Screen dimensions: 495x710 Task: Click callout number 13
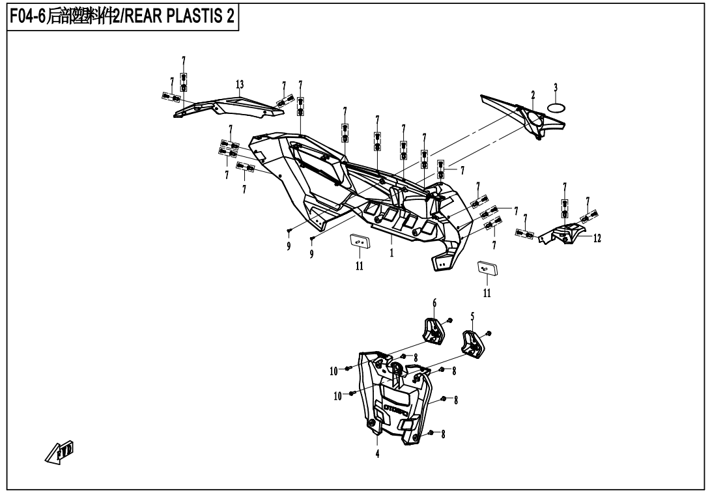click(240, 85)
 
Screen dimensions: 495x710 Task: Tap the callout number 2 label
click(533, 95)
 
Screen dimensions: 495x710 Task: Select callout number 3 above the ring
click(556, 87)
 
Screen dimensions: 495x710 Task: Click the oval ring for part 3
click(556, 106)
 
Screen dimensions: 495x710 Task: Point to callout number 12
click(597, 238)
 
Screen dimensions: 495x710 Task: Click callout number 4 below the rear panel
click(377, 454)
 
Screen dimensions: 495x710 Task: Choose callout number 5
click(472, 316)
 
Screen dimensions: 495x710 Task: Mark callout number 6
click(434, 303)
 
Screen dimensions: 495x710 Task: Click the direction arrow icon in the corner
click(62, 450)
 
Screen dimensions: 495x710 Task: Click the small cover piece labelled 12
click(564, 234)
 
